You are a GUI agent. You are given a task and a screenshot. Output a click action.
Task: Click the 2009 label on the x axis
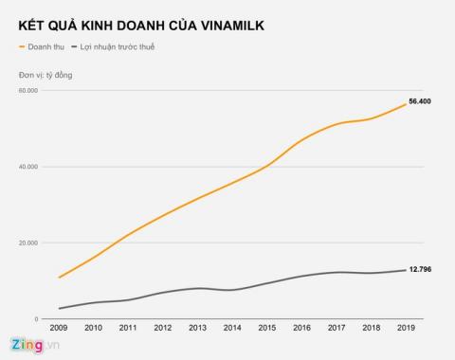pos(59,329)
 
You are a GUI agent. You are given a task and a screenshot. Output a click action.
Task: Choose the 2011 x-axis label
pos(129,329)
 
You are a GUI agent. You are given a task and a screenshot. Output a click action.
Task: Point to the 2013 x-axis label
pos(198,329)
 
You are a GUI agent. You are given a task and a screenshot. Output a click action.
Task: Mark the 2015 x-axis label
pos(267,329)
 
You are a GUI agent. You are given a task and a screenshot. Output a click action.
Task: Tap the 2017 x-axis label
pos(337,329)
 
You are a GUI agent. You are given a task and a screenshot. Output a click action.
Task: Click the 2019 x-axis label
pos(406,329)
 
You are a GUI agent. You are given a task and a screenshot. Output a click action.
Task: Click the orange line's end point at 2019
pos(406,103)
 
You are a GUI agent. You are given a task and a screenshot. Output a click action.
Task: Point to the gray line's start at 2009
pos(59,308)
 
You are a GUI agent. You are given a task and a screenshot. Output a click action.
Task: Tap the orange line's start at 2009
pos(59,278)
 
